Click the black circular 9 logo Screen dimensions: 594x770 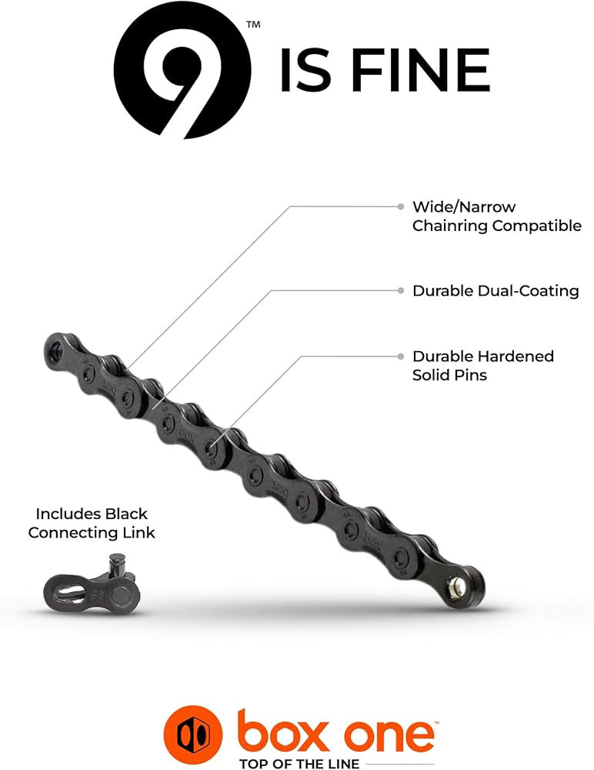click(x=182, y=70)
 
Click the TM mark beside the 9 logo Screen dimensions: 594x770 click(x=253, y=25)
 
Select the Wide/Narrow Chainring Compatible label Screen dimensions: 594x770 click(x=496, y=216)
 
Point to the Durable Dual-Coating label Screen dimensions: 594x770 click(x=496, y=291)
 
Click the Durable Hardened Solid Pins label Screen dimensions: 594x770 click(x=482, y=365)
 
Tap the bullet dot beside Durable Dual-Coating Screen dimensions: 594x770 click(x=401, y=291)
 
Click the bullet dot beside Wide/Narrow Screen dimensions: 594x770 click(x=401, y=206)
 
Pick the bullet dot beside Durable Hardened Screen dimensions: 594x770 click(x=401, y=357)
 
